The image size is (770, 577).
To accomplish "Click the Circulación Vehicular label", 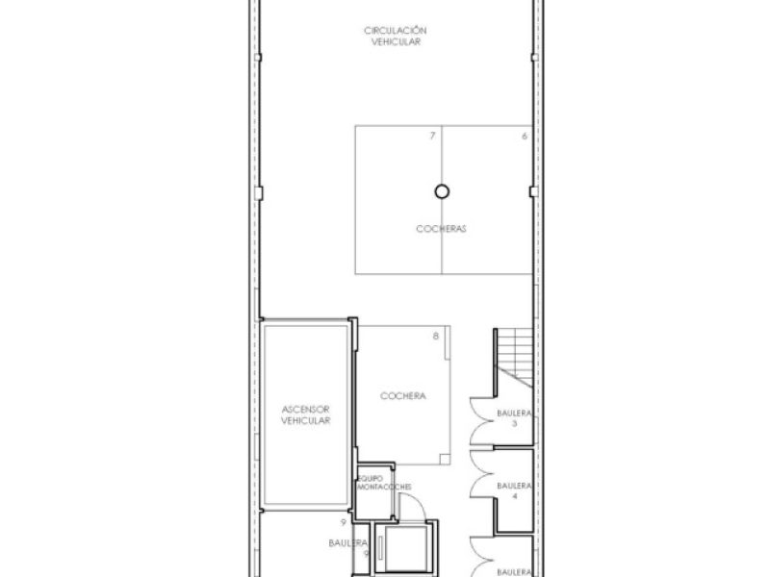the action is [396, 36].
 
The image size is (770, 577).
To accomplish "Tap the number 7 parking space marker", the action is [432, 136].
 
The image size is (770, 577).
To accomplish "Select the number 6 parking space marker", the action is [525, 137].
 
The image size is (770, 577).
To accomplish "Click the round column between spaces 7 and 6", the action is [442, 191].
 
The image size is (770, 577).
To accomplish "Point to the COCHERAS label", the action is [441, 229].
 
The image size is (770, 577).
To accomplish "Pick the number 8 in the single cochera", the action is [436, 336].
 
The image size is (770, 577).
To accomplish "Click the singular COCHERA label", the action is [403, 396].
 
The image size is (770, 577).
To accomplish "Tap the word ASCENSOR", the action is [305, 410].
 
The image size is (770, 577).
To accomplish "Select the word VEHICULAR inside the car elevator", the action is [305, 420].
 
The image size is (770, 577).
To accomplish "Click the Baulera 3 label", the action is [514, 418].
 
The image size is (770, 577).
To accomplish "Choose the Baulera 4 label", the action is [514, 490].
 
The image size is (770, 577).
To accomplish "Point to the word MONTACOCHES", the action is [384, 487].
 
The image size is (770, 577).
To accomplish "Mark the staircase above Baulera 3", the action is [513, 357].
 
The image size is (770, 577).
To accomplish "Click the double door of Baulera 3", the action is [481, 421].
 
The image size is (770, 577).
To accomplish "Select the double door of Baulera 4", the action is [481, 473].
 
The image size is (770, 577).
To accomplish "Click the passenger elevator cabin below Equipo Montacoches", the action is [405, 548].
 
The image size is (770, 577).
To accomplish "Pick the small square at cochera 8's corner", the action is [445, 460].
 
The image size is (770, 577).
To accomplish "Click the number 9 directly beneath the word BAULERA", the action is [367, 554].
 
